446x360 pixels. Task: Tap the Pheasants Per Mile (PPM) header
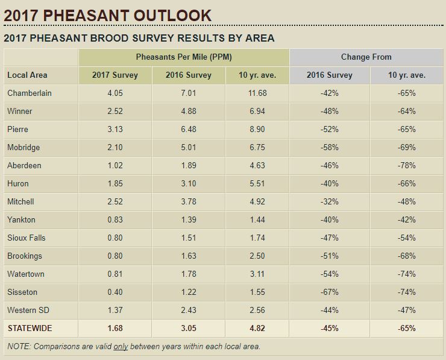tap(184, 57)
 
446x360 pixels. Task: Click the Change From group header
tap(366, 57)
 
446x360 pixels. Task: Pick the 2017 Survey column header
tap(115, 75)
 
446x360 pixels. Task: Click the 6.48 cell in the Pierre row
tap(189, 130)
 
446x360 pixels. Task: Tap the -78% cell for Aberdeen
tap(406, 166)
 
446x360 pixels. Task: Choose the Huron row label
tap(18, 184)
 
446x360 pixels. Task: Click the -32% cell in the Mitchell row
tap(330, 202)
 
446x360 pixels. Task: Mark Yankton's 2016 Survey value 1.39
tap(189, 220)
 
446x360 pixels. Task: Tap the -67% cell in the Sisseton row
tap(330, 292)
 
